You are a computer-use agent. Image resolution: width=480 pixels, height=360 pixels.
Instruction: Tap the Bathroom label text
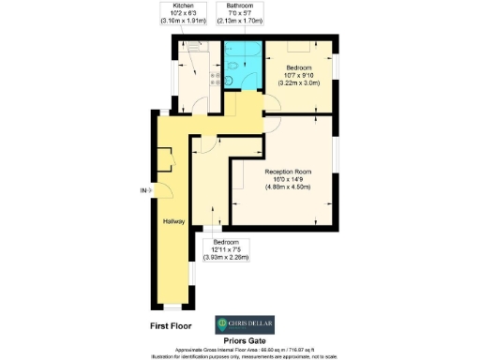(x=232, y=5)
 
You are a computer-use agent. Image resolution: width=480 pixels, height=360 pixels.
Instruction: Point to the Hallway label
(x=173, y=221)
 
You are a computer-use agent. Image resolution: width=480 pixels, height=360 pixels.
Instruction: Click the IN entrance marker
(x=143, y=190)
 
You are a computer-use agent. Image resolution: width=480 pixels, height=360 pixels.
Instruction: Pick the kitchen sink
(x=193, y=44)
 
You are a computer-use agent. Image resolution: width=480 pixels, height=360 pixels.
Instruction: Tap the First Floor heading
(x=174, y=325)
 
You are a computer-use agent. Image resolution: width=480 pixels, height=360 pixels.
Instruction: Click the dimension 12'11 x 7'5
(x=226, y=249)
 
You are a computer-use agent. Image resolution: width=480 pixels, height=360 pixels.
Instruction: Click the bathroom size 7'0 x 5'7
(x=232, y=12)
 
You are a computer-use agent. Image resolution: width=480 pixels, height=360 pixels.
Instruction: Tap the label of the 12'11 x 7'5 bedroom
(x=226, y=242)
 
